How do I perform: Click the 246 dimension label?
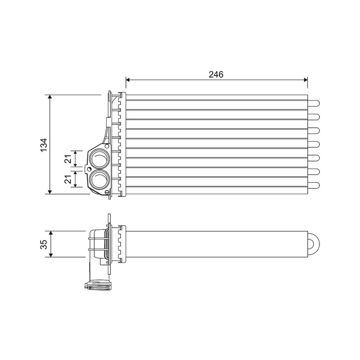click(216, 74)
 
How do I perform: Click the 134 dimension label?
click(44, 144)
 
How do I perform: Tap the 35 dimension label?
click(44, 244)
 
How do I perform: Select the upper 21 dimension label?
click(68, 158)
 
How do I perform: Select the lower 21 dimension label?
click(68, 179)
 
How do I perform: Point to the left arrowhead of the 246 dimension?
click(128, 80)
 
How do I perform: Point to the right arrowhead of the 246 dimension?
click(306, 80)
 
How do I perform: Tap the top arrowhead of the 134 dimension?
click(51, 97)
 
